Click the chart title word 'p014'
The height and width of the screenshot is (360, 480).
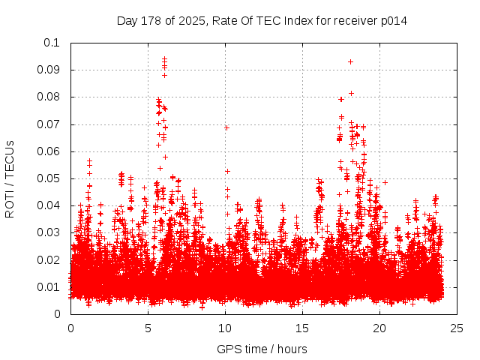(x=393, y=20)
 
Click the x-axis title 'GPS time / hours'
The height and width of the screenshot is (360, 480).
(x=262, y=349)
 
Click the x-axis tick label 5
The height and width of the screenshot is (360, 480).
(x=148, y=328)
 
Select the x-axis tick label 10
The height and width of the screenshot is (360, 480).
(x=225, y=328)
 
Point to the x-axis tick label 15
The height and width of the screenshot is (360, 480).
(x=302, y=328)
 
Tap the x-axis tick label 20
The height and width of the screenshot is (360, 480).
(x=379, y=328)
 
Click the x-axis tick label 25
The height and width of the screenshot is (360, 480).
(x=457, y=328)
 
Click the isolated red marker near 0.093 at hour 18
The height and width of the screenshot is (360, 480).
(x=350, y=61)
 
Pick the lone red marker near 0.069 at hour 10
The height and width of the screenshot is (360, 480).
(x=226, y=127)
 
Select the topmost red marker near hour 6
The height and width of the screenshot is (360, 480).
(x=164, y=58)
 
